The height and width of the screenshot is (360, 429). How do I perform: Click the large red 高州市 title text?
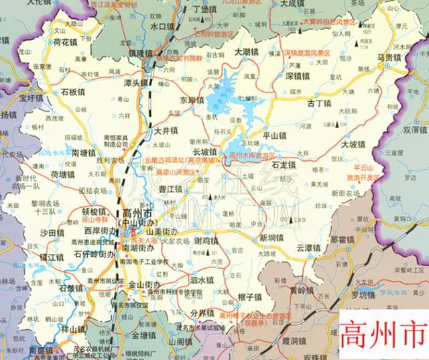coord(383,331)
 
